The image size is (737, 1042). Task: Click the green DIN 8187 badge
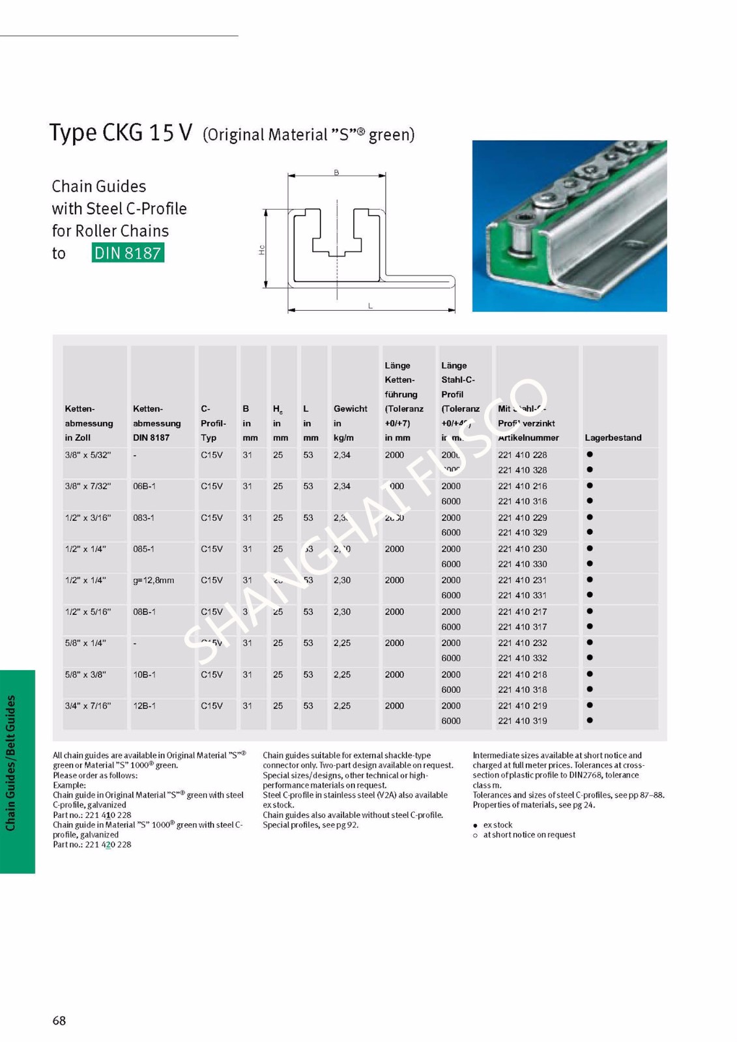(128, 253)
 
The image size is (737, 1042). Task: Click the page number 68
(59, 1021)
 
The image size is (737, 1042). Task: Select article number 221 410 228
(522, 455)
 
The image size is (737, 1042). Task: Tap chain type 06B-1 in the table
(144, 486)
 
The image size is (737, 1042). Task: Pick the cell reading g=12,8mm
(153, 580)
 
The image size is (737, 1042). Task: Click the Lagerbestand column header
(613, 438)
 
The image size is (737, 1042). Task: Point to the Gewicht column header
(350, 409)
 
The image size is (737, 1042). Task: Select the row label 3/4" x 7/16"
(88, 706)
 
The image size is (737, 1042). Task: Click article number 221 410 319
(522, 721)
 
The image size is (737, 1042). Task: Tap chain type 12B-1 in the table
(144, 706)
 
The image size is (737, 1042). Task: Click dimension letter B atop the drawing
(336, 173)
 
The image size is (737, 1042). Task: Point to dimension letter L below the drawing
(370, 306)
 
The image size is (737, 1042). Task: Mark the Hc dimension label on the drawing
(261, 249)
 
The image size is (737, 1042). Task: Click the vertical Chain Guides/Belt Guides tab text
(11, 763)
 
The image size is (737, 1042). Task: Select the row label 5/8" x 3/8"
(85, 675)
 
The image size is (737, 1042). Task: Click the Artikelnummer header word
(528, 438)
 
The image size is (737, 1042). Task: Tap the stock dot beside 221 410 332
(590, 658)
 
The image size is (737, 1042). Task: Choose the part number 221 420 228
(108, 845)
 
